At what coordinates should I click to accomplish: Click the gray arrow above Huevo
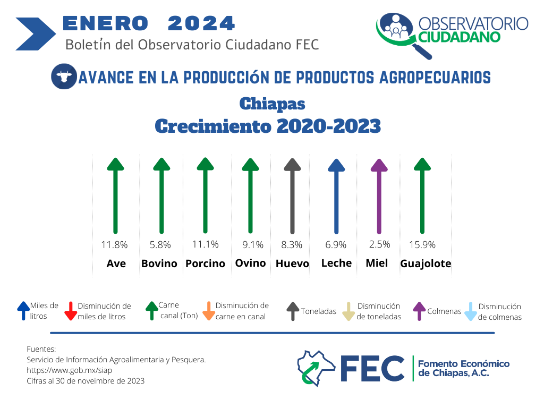point(293,196)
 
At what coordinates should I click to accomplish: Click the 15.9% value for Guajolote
point(422,245)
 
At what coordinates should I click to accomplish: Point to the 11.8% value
point(115,245)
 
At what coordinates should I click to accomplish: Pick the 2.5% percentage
point(379,244)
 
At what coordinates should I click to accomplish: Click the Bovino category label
point(159,263)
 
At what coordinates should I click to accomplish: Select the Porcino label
point(206,263)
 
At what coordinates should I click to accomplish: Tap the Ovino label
point(251,263)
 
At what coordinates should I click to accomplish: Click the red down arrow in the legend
point(71,311)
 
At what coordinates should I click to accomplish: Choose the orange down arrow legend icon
point(209,311)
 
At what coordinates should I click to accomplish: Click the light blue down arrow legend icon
point(471,311)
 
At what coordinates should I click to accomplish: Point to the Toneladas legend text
point(319,311)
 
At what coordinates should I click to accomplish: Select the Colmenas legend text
point(445,311)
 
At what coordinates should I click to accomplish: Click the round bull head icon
point(64,76)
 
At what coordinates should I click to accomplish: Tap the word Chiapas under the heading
point(273,104)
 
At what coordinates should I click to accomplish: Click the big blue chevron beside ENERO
point(36,34)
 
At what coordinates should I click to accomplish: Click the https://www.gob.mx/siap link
point(70,370)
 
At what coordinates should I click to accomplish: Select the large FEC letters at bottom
point(372,369)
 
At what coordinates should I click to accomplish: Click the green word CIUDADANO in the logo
point(460,37)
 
